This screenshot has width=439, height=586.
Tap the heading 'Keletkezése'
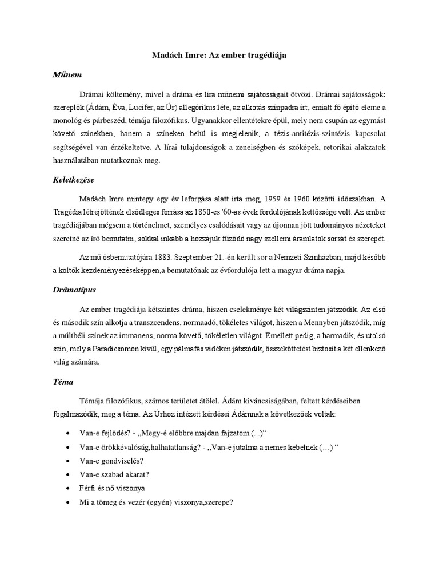[70, 180]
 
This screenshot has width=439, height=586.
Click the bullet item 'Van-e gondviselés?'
[111, 460]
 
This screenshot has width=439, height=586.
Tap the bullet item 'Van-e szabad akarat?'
[115, 474]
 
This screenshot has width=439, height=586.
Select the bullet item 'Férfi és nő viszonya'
[112, 488]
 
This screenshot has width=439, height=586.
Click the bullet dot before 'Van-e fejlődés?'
[69, 433]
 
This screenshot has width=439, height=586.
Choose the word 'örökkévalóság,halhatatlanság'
[147, 446]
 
